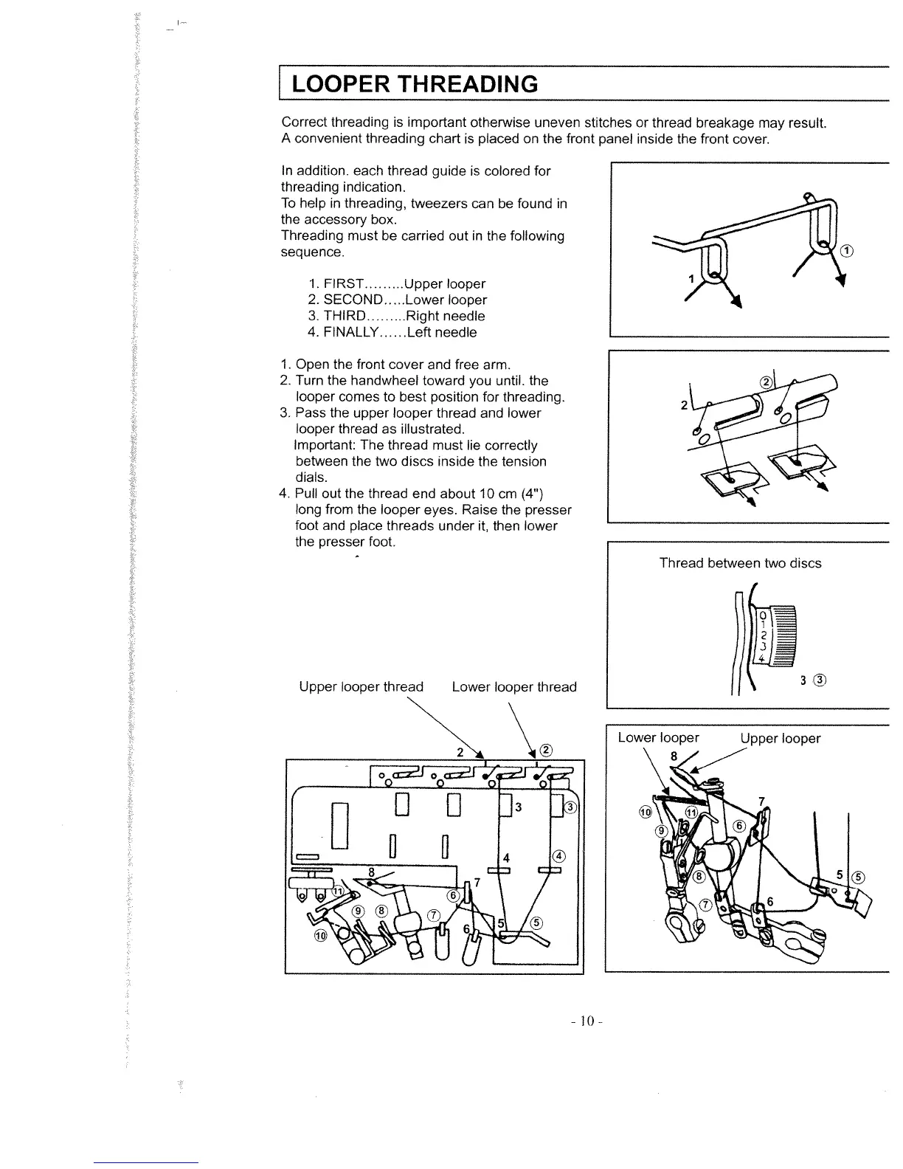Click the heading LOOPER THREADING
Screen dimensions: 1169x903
tap(415, 84)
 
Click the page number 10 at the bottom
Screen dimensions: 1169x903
tap(587, 1021)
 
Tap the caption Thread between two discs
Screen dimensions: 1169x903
tap(740, 563)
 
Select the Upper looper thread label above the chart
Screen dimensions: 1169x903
tap(361, 687)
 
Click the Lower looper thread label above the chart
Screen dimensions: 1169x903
tap(513, 687)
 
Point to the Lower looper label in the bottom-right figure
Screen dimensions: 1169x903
tap(658, 738)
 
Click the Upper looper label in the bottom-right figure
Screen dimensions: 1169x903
tap(781, 738)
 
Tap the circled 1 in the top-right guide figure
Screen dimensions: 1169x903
tap(848, 251)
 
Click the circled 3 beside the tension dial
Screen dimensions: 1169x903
tap(819, 680)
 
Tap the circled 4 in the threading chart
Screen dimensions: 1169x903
tap(558, 857)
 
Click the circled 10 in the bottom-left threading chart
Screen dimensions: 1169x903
tap(320, 936)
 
